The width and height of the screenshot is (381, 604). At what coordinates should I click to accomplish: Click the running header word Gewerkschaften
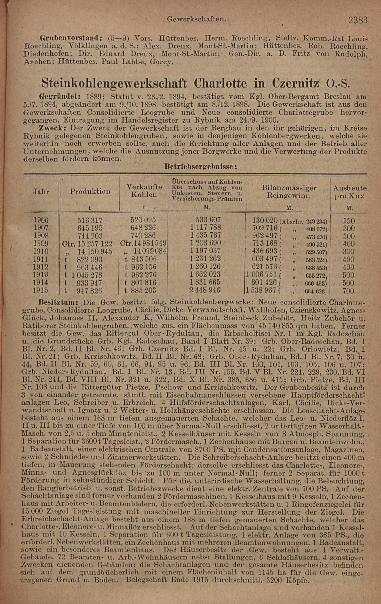[196, 19]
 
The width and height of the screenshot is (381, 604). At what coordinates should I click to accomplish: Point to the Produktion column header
[90, 191]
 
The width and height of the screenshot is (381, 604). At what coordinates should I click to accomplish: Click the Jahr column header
[41, 192]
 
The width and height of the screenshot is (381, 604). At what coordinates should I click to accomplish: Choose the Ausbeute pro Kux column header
[349, 192]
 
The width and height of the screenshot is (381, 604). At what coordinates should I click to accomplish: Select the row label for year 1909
[41, 244]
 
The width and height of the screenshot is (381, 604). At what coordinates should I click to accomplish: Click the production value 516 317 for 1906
[90, 221]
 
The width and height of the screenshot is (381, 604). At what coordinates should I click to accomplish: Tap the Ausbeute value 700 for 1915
[348, 291]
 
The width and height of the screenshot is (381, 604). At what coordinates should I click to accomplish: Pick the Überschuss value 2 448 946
[205, 290]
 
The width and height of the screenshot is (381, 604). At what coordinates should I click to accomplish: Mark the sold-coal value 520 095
[143, 220]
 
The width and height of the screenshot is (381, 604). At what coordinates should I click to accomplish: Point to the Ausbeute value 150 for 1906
[349, 221]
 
